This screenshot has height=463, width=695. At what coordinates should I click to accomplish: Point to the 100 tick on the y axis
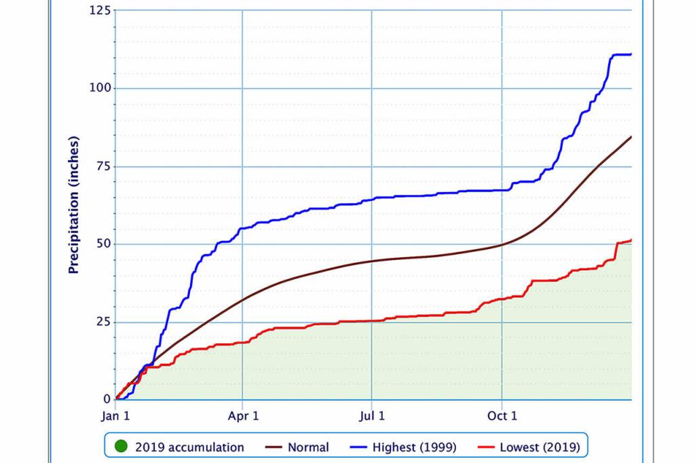tap(98, 88)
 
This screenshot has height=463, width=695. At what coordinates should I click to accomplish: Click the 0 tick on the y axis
tap(105, 399)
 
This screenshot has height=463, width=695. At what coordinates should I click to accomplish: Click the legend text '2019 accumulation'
tap(189, 447)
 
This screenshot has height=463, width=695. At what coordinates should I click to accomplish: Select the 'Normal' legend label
tap(308, 447)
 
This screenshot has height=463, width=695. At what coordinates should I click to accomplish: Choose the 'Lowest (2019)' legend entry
tap(540, 447)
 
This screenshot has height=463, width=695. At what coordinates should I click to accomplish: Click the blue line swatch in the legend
tap(360, 447)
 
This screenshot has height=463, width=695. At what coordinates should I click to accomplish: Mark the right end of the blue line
tap(631, 54)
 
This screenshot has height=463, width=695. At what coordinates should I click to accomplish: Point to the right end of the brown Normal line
tap(631, 137)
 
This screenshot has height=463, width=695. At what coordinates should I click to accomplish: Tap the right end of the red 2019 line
tap(631, 240)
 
